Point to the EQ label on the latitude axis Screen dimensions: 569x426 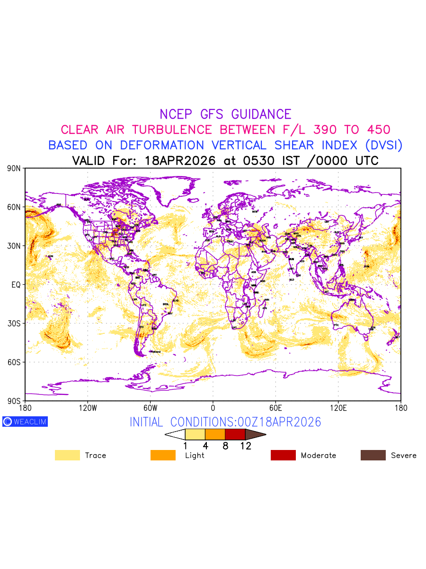click(16, 284)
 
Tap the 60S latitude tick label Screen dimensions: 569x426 click(14, 362)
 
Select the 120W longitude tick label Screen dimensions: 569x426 click(88, 408)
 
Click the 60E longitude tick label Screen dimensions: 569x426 click(275, 408)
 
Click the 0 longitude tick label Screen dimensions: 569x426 click(213, 408)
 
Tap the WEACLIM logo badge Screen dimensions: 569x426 click(25, 422)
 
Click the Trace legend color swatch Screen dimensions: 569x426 click(67, 455)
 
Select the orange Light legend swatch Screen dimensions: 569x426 click(163, 455)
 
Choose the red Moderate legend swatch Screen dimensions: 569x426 click(283, 455)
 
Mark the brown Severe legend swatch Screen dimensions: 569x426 click(373, 455)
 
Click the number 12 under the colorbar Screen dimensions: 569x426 click(245, 446)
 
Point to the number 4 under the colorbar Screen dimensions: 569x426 click(205, 446)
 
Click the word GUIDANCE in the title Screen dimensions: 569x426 click(261, 114)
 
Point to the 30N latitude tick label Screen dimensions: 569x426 click(14, 246)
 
